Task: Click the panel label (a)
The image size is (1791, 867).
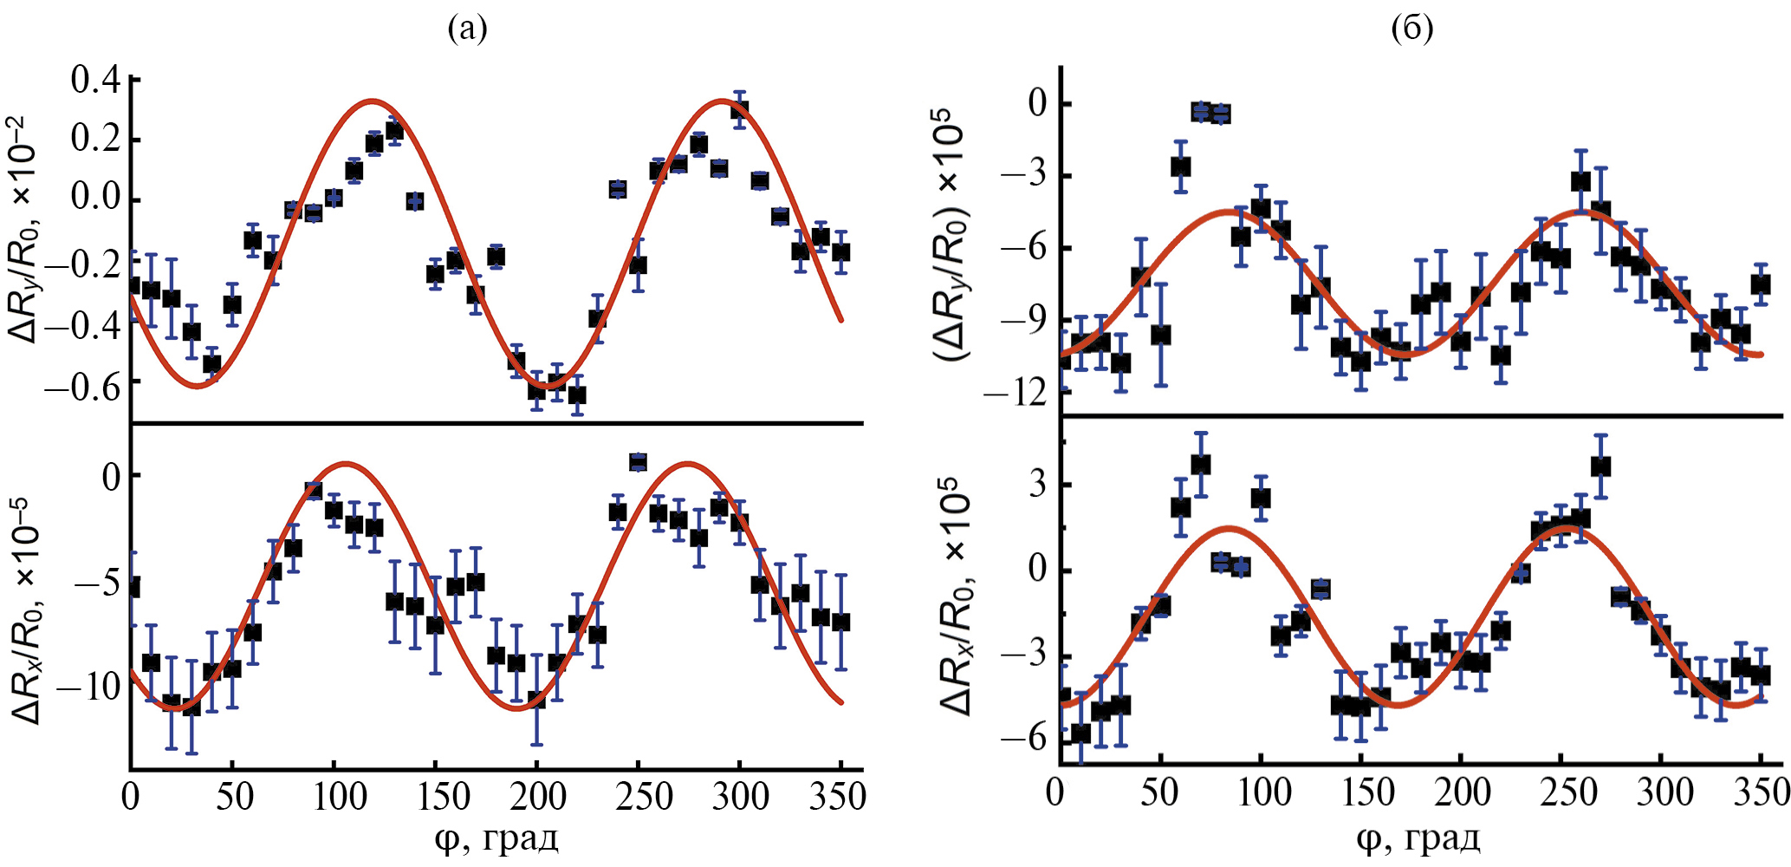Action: [x=467, y=29]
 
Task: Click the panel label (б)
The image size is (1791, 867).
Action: [x=1411, y=29]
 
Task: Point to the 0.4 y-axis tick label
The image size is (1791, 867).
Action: [x=95, y=81]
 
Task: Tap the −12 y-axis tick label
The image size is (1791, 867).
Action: [x=1014, y=394]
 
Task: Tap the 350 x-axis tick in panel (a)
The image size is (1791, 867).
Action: [x=837, y=796]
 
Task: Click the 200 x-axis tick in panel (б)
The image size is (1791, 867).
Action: [x=1463, y=792]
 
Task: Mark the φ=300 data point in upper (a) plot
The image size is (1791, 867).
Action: [x=739, y=110]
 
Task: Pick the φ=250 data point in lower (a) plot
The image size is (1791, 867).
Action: [x=638, y=461]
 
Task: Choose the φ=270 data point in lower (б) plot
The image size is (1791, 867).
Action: [x=1600, y=466]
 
